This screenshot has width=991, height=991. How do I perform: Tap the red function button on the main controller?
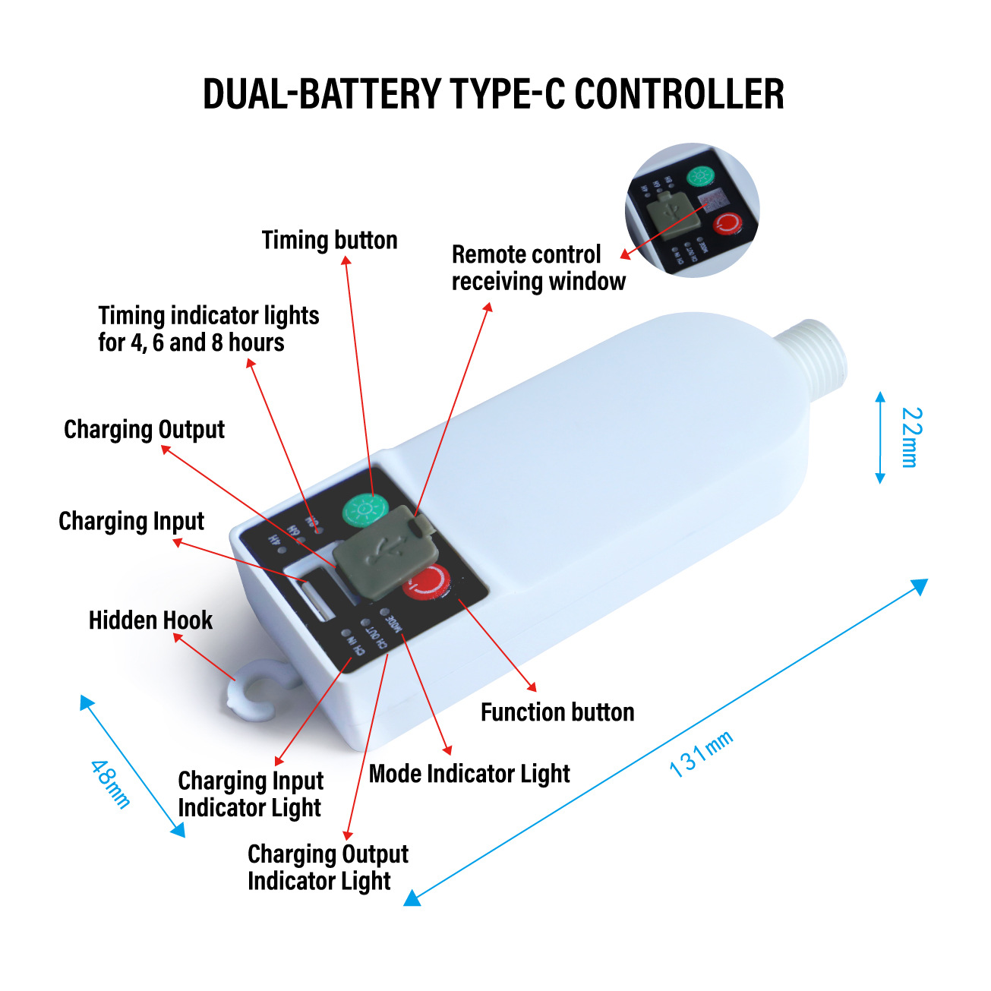[426, 583]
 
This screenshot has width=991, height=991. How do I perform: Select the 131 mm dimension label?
[700, 753]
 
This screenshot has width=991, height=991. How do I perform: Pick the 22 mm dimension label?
[911, 437]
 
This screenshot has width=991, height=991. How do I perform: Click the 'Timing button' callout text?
[330, 241]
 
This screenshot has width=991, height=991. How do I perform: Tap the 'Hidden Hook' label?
[150, 620]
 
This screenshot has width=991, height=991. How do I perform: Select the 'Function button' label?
[557, 712]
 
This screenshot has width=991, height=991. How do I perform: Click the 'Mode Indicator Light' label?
[469, 774]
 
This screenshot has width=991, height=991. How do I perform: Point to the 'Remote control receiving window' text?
[538, 268]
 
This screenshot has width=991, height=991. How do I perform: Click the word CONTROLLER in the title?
[679, 94]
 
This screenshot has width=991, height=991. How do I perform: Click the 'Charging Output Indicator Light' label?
[327, 867]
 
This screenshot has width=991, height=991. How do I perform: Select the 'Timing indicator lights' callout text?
[208, 329]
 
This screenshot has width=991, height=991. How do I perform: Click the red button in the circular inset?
[727, 223]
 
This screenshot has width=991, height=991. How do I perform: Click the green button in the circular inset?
[699, 177]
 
